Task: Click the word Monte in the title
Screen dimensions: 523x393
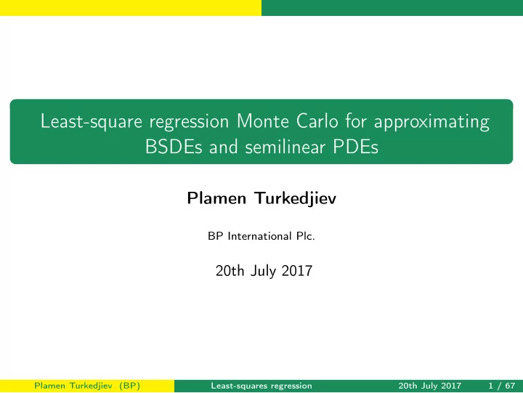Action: [x=263, y=121]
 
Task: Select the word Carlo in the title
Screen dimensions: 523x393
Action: [x=317, y=121]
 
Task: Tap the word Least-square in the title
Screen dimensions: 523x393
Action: [x=92, y=122]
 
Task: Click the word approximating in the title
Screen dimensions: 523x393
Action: [x=431, y=122]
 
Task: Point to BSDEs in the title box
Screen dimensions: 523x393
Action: [x=174, y=147]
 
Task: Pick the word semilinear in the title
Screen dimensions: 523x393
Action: [x=285, y=147]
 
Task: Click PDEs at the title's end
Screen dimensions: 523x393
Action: [x=355, y=147]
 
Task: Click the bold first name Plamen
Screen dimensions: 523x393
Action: [x=216, y=198]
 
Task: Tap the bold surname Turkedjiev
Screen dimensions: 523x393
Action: [x=296, y=199]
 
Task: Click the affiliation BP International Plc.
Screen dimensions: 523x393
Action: [x=261, y=236]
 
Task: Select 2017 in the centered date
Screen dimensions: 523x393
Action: [x=297, y=270]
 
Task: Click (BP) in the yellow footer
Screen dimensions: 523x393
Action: [x=130, y=386]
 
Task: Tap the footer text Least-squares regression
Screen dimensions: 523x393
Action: [x=261, y=386]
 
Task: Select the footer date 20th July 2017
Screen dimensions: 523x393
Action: [x=429, y=386]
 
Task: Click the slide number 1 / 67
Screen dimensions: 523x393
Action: [x=502, y=386]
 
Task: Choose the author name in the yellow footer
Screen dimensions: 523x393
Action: [x=73, y=386]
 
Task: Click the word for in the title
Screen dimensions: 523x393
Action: [x=356, y=121]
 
